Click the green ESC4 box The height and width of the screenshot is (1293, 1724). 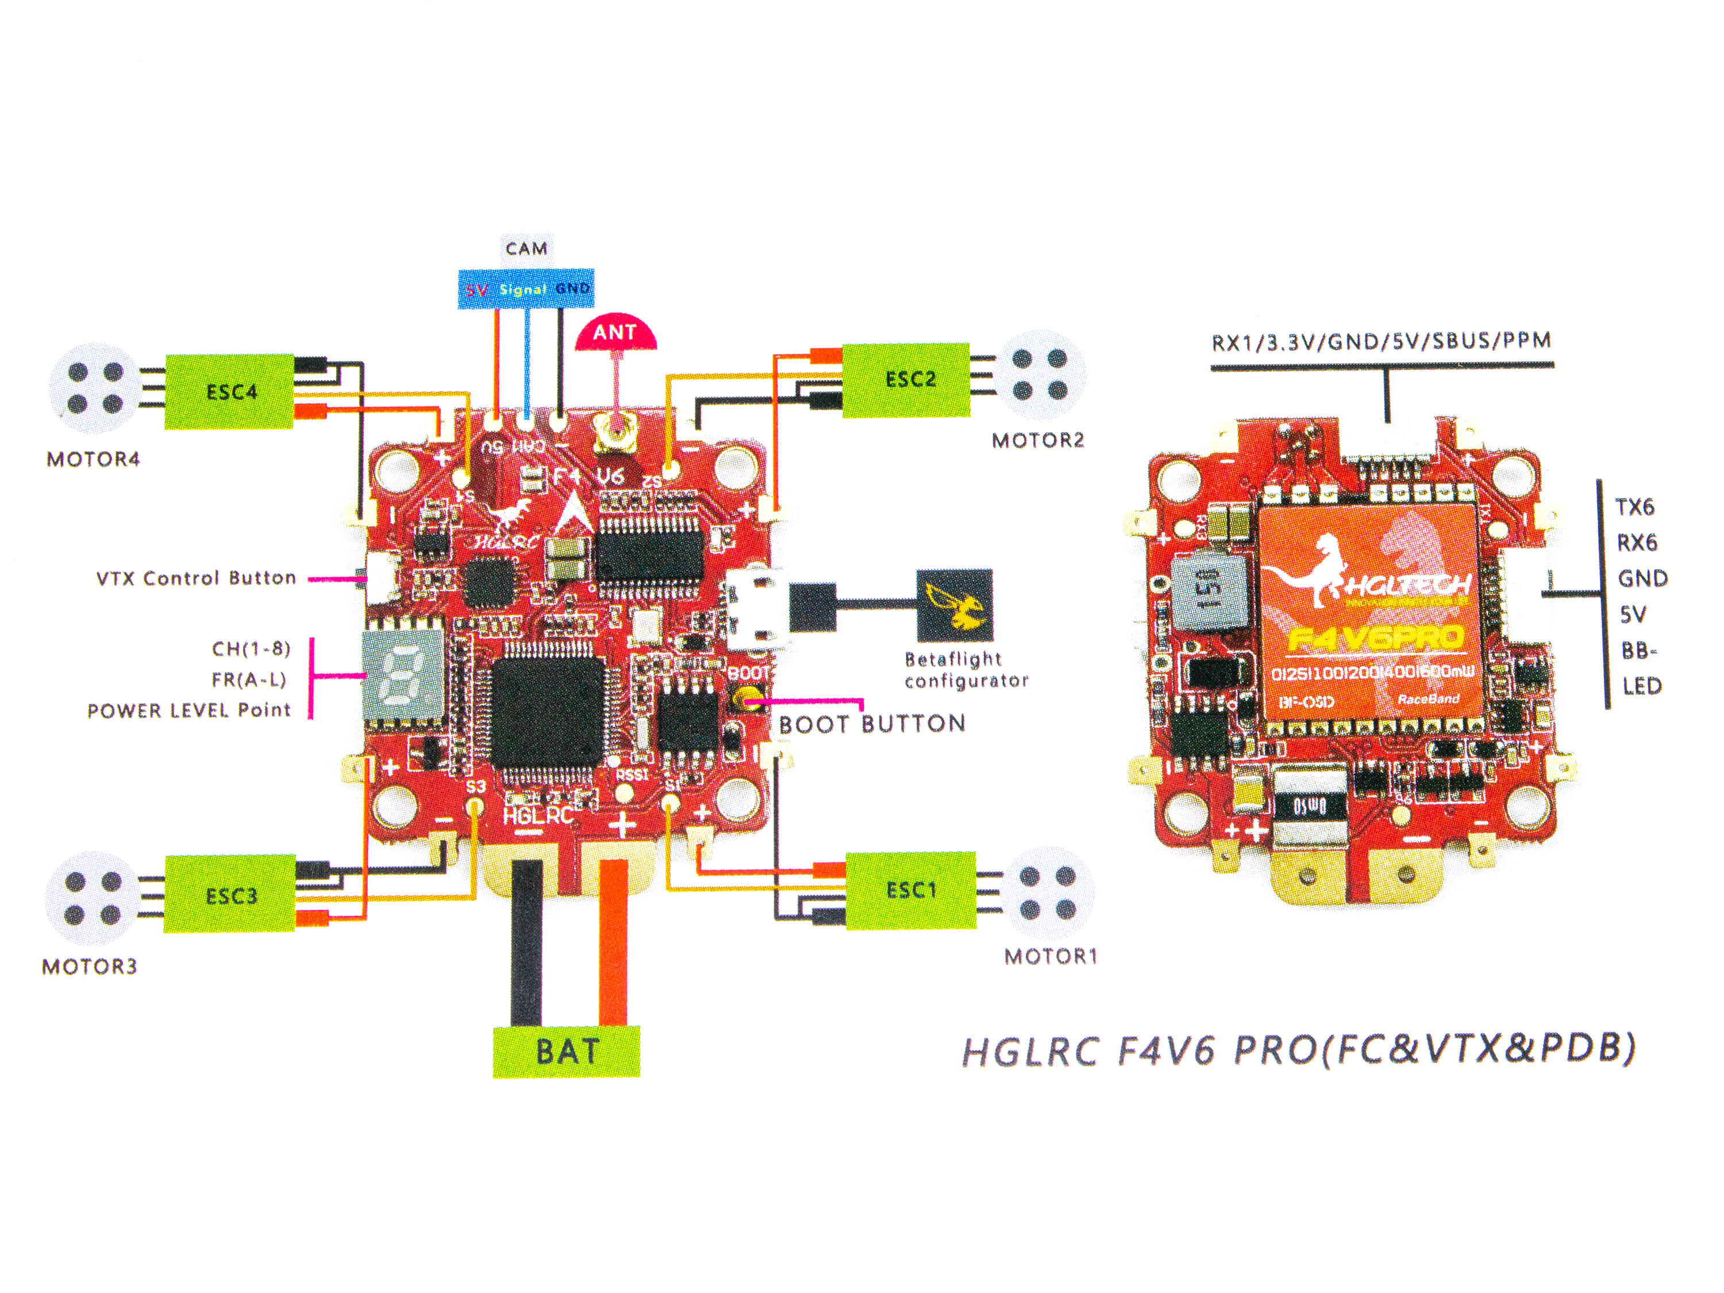click(229, 391)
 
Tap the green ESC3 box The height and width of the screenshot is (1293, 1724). click(230, 894)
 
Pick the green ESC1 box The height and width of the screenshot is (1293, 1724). click(910, 890)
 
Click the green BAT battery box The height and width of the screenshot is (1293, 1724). click(567, 1052)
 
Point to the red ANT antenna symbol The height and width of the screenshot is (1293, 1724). click(615, 333)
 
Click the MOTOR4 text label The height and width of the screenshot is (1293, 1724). click(94, 459)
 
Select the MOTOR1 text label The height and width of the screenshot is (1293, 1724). click(1050, 956)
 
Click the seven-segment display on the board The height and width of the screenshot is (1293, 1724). click(404, 674)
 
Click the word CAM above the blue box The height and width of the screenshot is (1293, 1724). click(526, 249)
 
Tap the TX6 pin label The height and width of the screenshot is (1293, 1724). click(1634, 507)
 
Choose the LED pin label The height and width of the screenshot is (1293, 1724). click(1641, 686)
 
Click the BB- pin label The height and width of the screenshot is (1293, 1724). click(1638, 650)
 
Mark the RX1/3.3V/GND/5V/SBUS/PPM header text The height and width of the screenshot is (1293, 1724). click(1381, 341)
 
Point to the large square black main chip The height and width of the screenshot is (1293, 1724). click(548, 711)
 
